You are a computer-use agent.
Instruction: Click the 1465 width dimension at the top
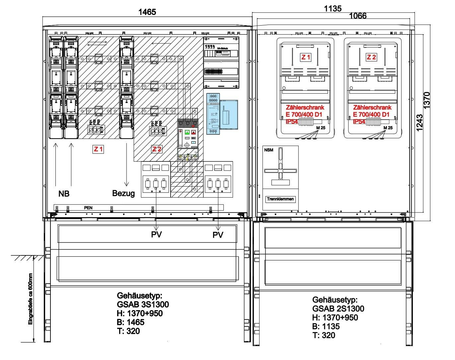[147, 12]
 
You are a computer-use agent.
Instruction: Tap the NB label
[64, 194]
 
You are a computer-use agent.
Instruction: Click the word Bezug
[123, 193]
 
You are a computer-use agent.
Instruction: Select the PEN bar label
[88, 208]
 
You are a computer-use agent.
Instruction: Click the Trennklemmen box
[280, 199]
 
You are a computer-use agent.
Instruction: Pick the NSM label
[269, 150]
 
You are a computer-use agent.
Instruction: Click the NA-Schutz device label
[222, 48]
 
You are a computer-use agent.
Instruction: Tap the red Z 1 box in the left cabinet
[98, 149]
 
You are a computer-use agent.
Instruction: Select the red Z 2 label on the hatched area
[157, 149]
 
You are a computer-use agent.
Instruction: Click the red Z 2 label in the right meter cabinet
[371, 57]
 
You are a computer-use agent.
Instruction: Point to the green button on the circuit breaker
[187, 132]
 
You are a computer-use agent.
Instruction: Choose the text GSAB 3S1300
[143, 304]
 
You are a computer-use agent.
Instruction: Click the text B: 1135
[326, 326]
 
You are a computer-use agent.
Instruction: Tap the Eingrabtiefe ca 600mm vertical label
[31, 299]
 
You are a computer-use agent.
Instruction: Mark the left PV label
[156, 234]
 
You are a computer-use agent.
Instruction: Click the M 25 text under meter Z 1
[321, 128]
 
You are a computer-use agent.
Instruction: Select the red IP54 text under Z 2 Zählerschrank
[359, 122]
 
